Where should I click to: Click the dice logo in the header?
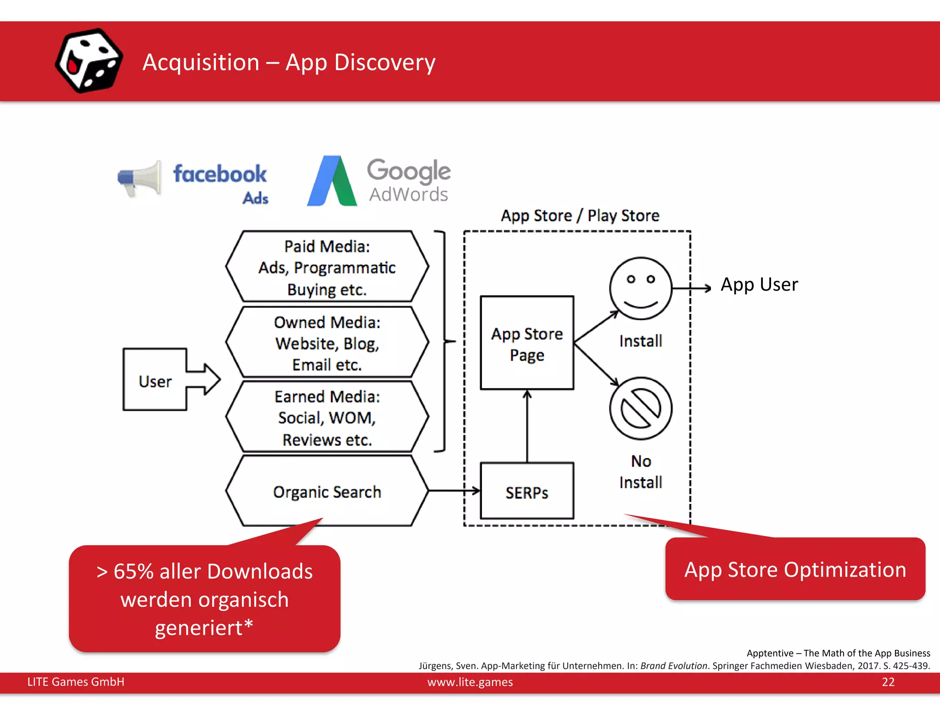[89, 61]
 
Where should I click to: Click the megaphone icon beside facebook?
[140, 179]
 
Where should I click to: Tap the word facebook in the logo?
[220, 174]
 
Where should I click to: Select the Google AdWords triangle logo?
[332, 182]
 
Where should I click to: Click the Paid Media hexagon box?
[327, 267]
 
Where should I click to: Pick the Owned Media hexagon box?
[327, 343]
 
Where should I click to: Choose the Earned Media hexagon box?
[327, 417]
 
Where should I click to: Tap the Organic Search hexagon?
[327, 492]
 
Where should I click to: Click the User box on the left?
[155, 380]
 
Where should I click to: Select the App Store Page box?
[527, 343]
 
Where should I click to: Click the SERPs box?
[527, 492]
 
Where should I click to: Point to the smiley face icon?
[640, 288]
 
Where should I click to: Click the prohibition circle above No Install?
[640, 408]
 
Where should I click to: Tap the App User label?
[759, 285]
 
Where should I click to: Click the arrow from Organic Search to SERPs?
[453, 491]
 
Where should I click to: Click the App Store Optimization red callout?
[795, 570]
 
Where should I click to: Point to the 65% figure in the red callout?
[133, 572]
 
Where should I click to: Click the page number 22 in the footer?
[888, 682]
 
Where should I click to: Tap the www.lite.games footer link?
[470, 682]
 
